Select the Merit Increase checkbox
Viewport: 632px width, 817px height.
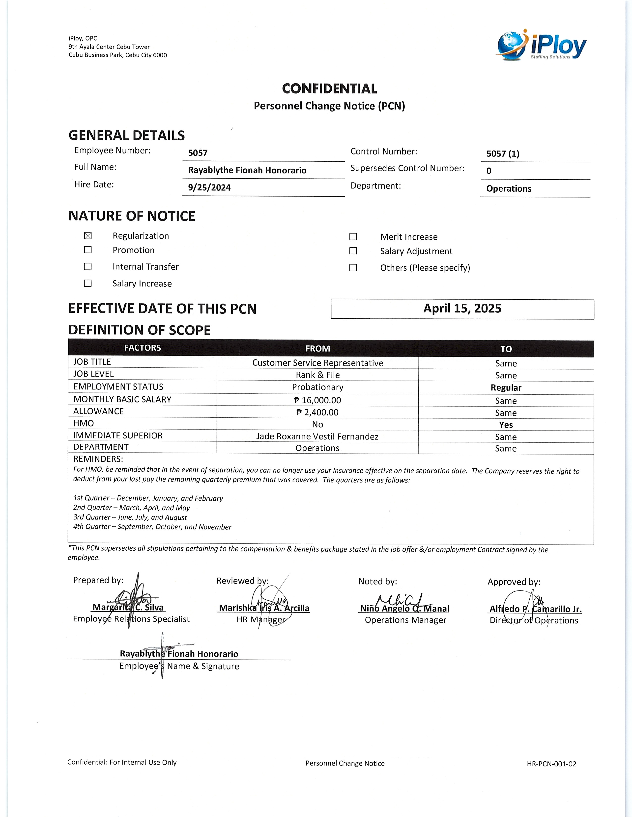pyautogui.click(x=353, y=237)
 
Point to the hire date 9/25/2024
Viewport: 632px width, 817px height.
pyautogui.click(x=209, y=187)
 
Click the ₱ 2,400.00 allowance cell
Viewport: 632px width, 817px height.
pyautogui.click(x=317, y=412)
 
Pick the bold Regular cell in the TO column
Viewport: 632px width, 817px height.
pyautogui.click(x=506, y=387)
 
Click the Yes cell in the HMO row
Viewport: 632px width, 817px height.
pyautogui.click(x=506, y=425)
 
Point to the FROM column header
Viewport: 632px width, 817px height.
pyautogui.click(x=317, y=349)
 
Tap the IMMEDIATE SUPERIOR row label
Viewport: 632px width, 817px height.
pyautogui.click(x=118, y=435)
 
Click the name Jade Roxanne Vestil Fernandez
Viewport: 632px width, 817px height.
pyautogui.click(x=317, y=436)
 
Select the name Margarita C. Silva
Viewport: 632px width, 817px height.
pyautogui.click(x=128, y=608)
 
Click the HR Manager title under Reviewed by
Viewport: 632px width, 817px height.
pyautogui.click(x=261, y=619)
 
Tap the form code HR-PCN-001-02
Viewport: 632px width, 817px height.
pyautogui.click(x=551, y=764)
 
